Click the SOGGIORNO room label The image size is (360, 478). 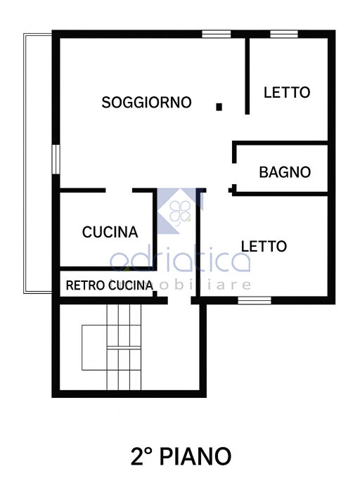[146, 103]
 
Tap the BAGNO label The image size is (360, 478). [285, 172]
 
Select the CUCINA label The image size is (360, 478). [110, 232]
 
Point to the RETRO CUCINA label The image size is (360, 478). [110, 285]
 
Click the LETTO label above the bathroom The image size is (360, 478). [287, 92]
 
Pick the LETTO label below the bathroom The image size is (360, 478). [264, 246]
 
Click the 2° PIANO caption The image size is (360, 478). [181, 456]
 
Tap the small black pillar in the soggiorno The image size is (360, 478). [219, 107]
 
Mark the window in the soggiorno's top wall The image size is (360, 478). [217, 34]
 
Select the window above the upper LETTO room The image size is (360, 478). [284, 34]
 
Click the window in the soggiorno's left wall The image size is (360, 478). [56, 160]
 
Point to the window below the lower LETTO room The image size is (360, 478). [255, 301]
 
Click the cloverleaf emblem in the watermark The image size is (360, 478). [180, 212]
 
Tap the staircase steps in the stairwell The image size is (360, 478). [124, 347]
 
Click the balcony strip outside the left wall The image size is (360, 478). [38, 163]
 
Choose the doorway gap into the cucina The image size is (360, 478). [119, 190]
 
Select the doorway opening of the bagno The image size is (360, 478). [234, 174]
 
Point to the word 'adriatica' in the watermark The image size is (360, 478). [180, 258]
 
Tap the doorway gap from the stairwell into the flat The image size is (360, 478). [179, 301]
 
